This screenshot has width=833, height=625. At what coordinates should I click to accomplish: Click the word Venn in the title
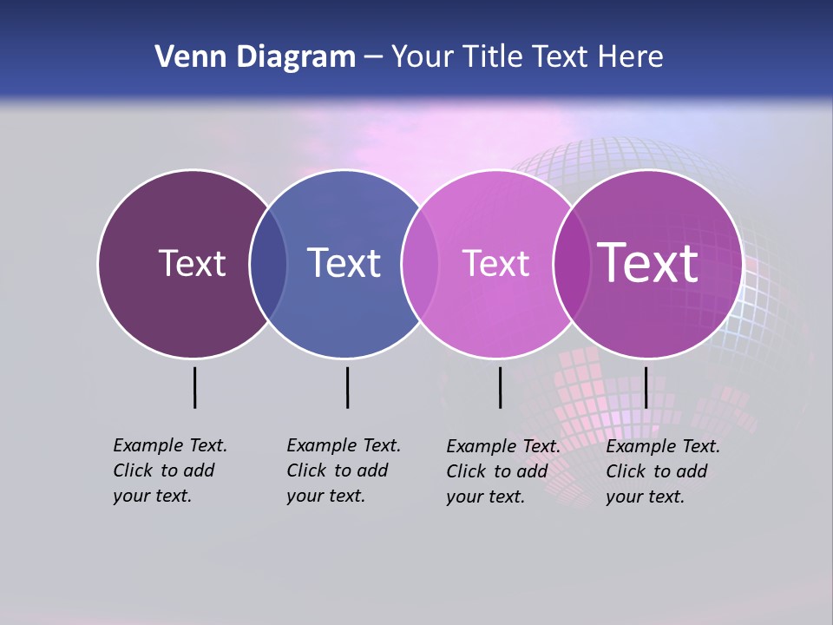pyautogui.click(x=187, y=57)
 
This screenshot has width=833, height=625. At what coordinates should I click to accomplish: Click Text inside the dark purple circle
pyautogui.click(x=192, y=263)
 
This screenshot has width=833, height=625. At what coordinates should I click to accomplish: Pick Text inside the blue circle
pyautogui.click(x=344, y=263)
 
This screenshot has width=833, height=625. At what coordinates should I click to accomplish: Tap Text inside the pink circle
pyautogui.click(x=495, y=263)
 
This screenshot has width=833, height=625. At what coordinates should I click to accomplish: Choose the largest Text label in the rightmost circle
pyautogui.click(x=648, y=263)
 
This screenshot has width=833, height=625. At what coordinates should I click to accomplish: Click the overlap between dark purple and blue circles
pyautogui.click(x=268, y=263)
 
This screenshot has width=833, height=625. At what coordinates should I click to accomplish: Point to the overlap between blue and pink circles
pyautogui.click(x=420, y=263)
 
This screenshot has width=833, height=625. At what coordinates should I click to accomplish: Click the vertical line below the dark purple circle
pyautogui.click(x=194, y=387)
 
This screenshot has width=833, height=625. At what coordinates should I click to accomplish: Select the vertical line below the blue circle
pyautogui.click(x=347, y=387)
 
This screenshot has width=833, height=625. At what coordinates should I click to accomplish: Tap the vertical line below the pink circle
pyautogui.click(x=500, y=387)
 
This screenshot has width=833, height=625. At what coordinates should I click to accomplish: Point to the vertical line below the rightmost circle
pyautogui.click(x=646, y=387)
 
